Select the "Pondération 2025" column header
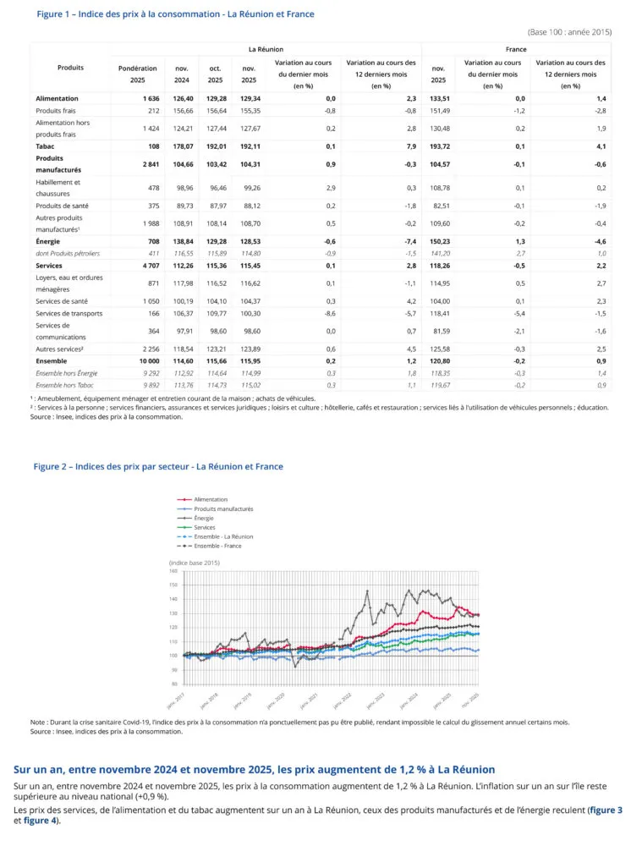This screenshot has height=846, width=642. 137,74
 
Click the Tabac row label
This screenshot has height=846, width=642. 47,146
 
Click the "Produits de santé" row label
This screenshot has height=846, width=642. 62,206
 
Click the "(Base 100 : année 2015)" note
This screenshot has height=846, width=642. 568,32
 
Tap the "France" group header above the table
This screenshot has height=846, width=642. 516,50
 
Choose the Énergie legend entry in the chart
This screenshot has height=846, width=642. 206,518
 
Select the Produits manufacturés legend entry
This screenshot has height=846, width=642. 223,508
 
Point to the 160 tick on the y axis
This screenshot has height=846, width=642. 173,571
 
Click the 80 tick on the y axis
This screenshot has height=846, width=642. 173,684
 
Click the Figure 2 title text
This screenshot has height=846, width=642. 158,466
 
